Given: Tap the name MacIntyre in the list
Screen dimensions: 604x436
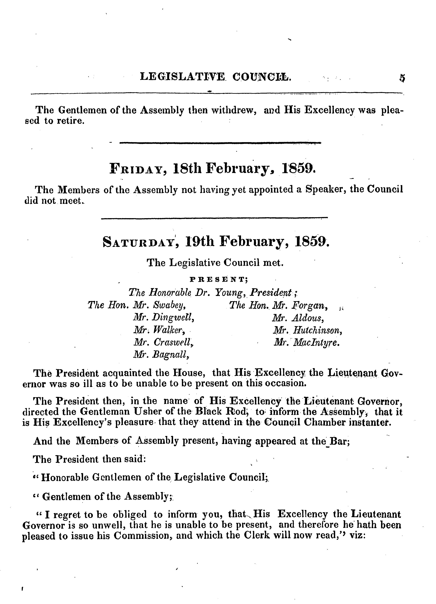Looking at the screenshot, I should point(316,342).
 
